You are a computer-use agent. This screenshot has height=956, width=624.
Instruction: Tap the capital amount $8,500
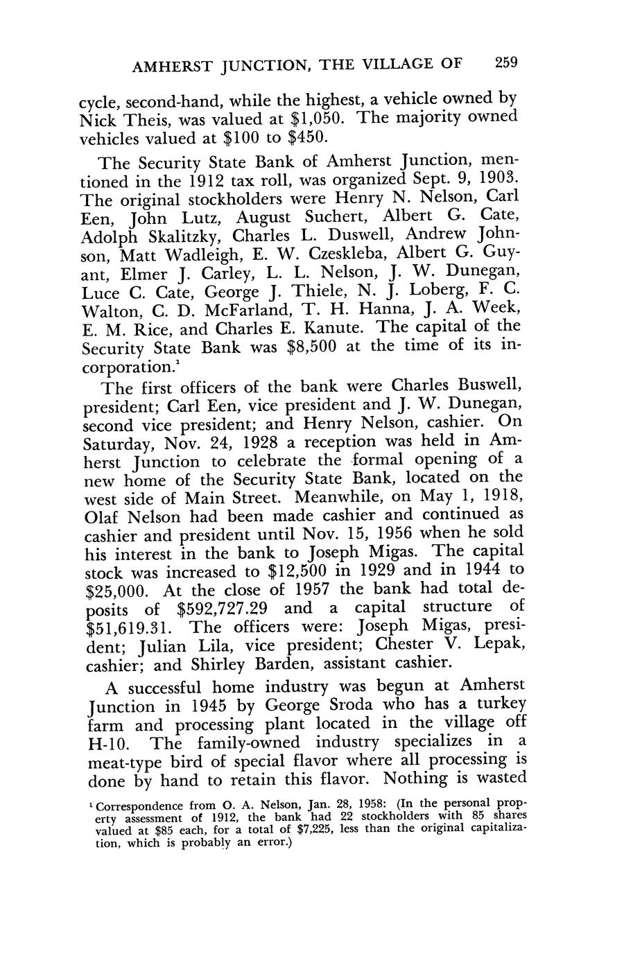pos(311,345)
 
